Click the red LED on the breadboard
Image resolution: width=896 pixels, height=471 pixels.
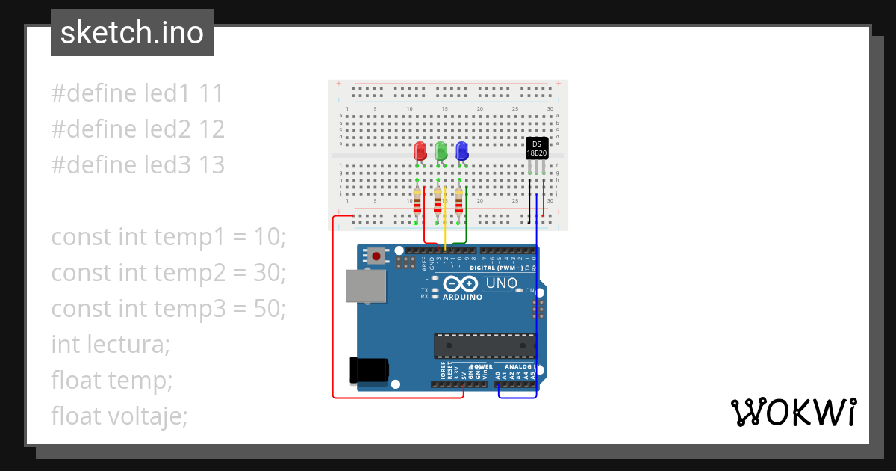420,152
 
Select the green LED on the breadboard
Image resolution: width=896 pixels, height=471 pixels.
441,152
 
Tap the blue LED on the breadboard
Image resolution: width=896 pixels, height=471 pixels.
461,152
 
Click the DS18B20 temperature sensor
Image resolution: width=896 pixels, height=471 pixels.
536,148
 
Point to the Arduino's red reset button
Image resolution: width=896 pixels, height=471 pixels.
376,256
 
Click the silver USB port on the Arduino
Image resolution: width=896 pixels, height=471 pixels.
366,287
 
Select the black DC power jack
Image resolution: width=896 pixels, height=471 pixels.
369,369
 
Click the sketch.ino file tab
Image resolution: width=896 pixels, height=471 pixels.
132,33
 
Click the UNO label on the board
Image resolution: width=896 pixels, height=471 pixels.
501,283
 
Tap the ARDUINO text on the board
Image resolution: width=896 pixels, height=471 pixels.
462,297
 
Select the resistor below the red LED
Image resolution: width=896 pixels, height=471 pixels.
417,202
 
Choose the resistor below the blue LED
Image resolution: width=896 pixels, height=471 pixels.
458,202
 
